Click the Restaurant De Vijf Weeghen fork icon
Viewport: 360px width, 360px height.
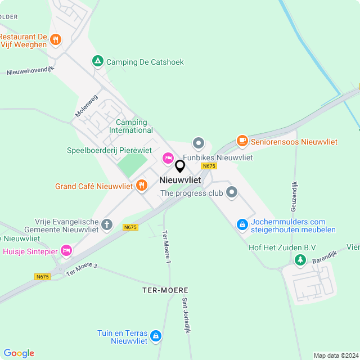55,39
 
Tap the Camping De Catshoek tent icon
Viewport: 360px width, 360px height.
98,61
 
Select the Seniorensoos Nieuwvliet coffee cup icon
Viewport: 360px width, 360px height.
242,141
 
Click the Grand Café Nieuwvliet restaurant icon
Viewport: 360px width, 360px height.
141,186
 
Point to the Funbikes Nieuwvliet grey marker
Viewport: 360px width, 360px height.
198,143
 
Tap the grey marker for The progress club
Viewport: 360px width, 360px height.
232,193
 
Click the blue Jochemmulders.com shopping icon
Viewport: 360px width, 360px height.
242,224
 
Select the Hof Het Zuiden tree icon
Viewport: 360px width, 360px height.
300,259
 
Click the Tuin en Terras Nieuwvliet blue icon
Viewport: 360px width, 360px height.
156,336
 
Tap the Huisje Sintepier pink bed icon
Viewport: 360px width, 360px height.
66,250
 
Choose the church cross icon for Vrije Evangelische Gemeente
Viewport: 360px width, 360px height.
107,226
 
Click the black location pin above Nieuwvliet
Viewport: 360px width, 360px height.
180,166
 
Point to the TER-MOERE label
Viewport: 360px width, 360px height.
165,290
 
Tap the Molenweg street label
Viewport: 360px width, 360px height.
86,106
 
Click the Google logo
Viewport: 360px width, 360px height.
19,353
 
